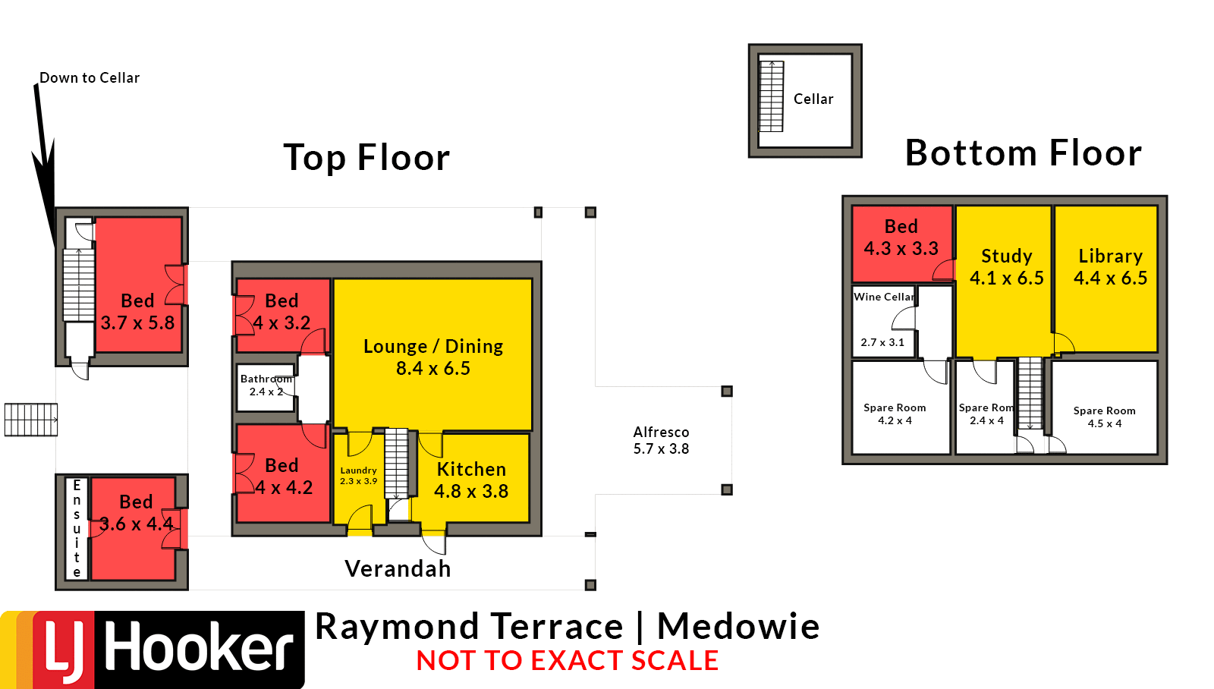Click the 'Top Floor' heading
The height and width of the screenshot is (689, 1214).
[x=367, y=158]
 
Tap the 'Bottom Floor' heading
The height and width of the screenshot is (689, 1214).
[x=1024, y=153]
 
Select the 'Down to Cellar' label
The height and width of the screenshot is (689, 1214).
[x=90, y=78]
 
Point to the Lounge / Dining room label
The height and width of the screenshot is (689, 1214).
[x=433, y=357]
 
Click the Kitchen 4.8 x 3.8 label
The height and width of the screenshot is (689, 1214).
[x=471, y=480]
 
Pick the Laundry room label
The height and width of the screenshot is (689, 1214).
[x=358, y=476]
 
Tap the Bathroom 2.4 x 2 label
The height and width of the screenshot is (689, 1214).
[x=266, y=385]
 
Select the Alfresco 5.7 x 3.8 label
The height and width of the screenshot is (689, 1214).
[x=661, y=440]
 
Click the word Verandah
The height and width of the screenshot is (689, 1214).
[x=398, y=568]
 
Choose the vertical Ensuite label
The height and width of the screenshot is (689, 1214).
[x=77, y=529]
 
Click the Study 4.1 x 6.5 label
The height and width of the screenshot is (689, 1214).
[x=1006, y=266]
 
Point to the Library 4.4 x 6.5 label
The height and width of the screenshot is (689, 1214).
[x=1111, y=266]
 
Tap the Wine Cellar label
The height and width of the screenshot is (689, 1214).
[x=884, y=297]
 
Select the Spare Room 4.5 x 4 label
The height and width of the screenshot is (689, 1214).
[x=1105, y=417]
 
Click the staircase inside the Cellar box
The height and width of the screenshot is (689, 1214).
[x=771, y=96]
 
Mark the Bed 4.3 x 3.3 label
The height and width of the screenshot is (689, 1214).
[x=901, y=238]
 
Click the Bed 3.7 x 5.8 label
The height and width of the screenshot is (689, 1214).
[x=137, y=312]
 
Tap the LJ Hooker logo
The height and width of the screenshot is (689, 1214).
[x=153, y=650]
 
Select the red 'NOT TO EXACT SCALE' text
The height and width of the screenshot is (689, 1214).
[x=568, y=660]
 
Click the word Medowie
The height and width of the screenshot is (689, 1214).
[x=738, y=626]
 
